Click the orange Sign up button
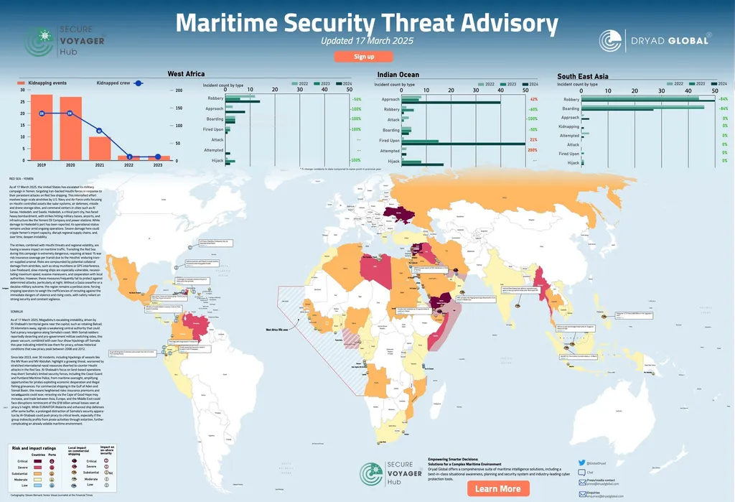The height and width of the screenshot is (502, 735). [x=364, y=56]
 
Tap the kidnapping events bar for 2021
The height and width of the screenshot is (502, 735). [x=99, y=147]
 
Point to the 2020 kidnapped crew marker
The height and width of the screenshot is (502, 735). [x=70, y=113]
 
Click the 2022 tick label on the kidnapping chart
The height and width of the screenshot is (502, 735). [x=129, y=165]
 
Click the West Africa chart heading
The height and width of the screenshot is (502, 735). [x=186, y=74]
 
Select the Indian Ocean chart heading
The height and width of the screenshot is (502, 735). [x=398, y=75]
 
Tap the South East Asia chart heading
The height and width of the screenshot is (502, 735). [x=582, y=76]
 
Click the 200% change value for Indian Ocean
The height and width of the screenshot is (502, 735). [x=533, y=150]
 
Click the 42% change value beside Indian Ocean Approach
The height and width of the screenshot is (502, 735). [x=533, y=99]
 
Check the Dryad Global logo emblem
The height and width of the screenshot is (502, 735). [x=611, y=41]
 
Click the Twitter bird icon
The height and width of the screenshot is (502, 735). [x=582, y=463]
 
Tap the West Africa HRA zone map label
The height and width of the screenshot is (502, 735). [x=277, y=330]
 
